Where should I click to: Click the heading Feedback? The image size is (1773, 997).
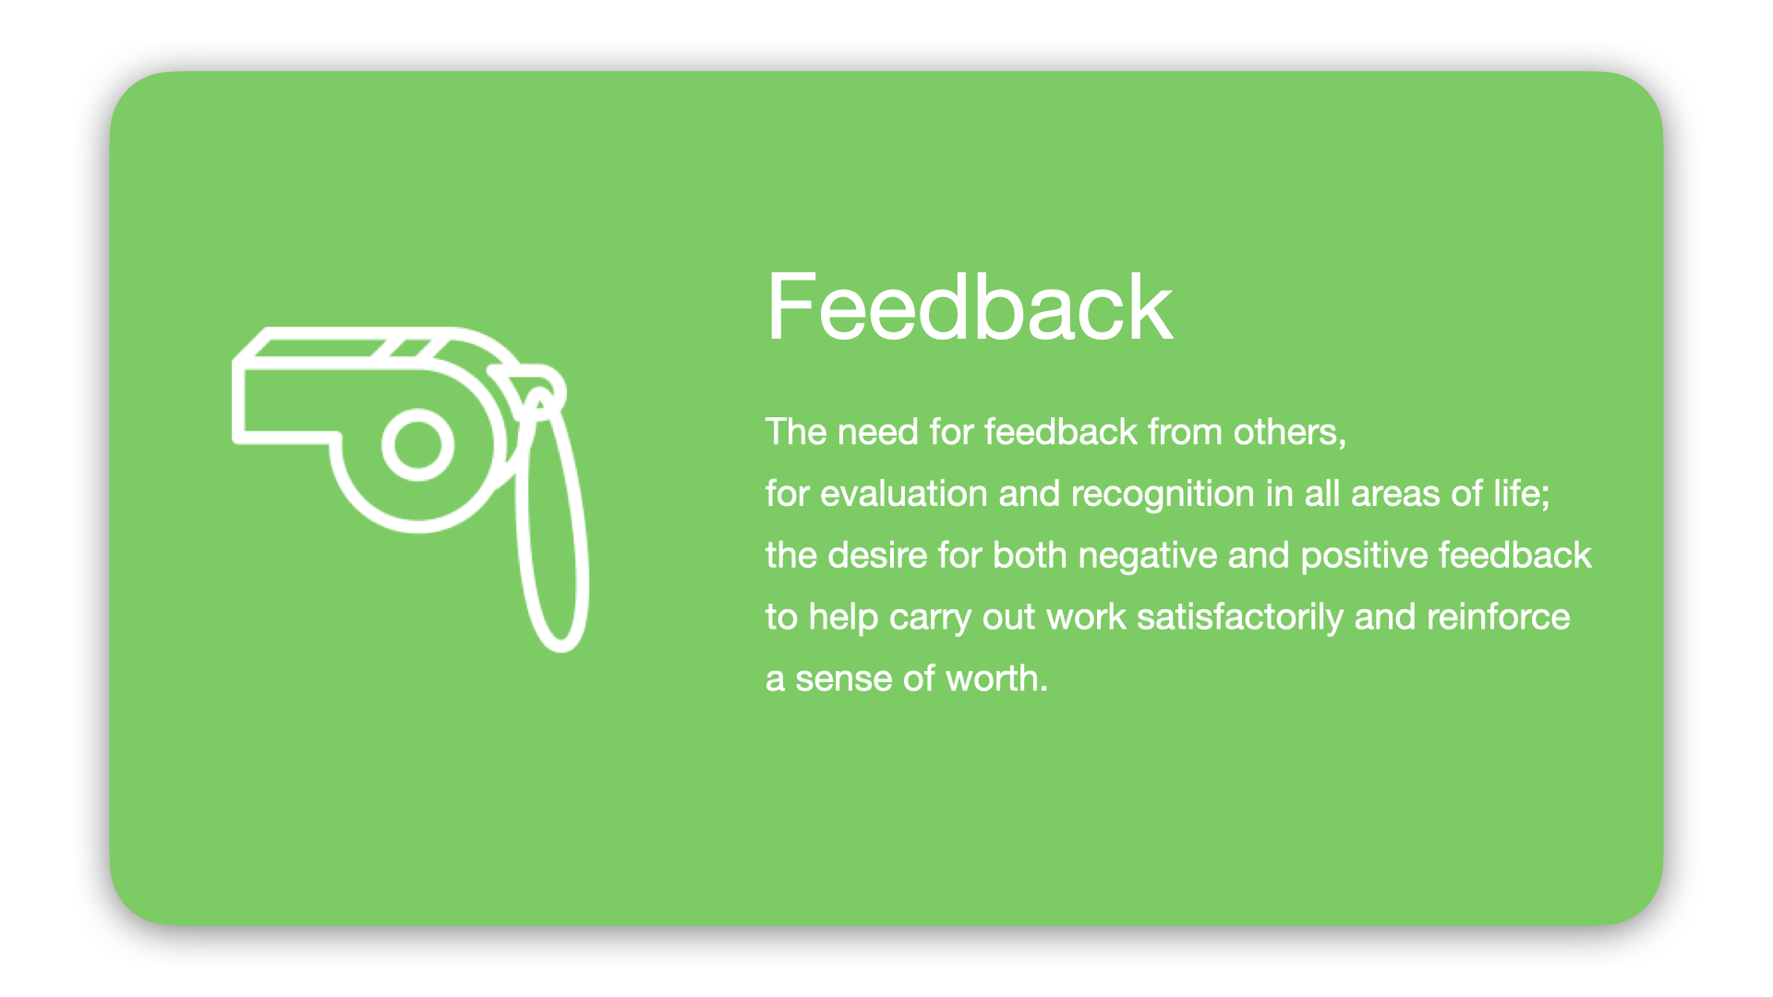(969, 307)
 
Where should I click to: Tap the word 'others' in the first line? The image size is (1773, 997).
(1287, 432)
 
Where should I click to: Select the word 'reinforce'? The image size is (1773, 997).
(1498, 617)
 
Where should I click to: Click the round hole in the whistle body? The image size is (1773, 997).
(417, 445)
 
